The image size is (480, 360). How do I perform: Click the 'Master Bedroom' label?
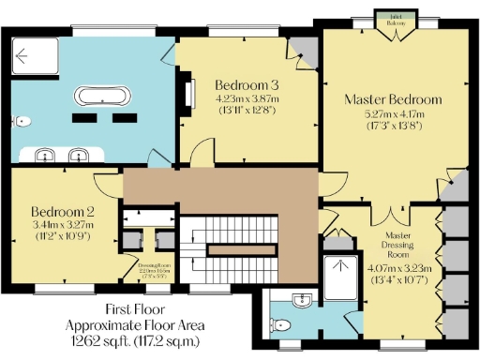[x=392, y=99]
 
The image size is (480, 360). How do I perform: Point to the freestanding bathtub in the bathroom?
[x=99, y=96]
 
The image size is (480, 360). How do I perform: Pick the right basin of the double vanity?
[x=79, y=155]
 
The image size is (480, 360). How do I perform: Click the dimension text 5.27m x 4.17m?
[x=392, y=114]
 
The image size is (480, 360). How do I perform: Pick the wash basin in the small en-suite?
[x=300, y=301]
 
